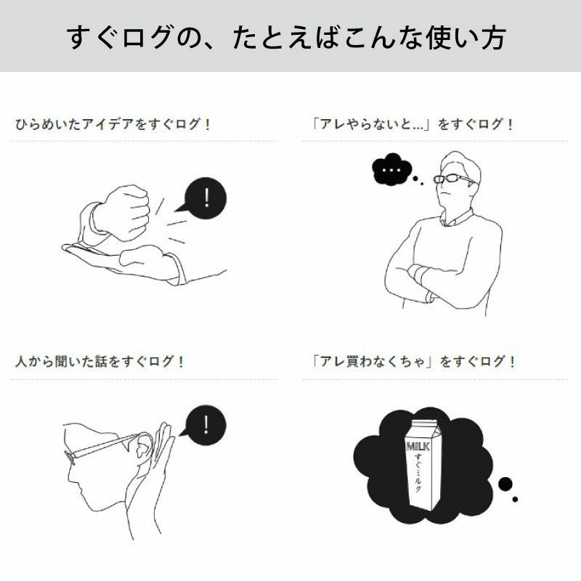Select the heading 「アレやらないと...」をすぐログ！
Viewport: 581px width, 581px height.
[x=410, y=124]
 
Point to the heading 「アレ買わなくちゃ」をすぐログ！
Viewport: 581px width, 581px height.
[x=411, y=361]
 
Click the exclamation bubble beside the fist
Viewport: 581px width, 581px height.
[x=206, y=198]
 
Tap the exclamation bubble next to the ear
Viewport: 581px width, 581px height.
[x=206, y=424]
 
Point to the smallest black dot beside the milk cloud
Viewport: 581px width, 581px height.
[x=515, y=499]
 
